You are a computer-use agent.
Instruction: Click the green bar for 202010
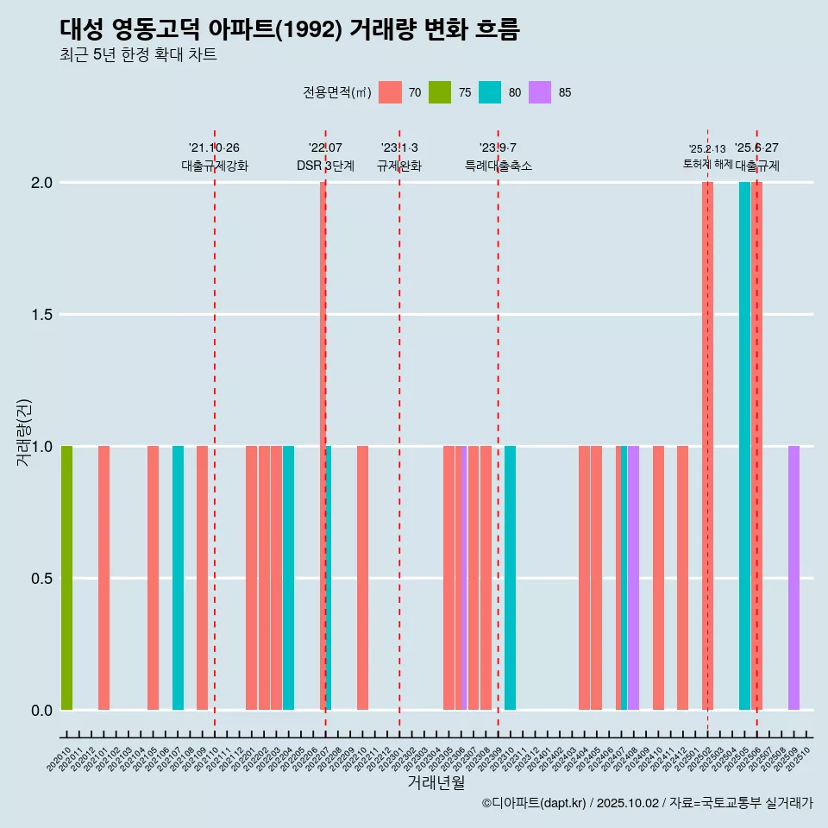pyautogui.click(x=66, y=578)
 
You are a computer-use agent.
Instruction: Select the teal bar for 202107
pyautogui.click(x=178, y=578)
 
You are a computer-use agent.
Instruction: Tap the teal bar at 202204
pyautogui.click(x=288, y=578)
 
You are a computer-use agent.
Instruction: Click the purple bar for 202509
pyautogui.click(x=793, y=578)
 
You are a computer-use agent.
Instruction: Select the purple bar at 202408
pyautogui.click(x=633, y=578)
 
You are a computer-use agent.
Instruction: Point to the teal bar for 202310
pyautogui.click(x=511, y=578)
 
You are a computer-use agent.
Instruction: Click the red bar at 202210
pyautogui.click(x=362, y=578)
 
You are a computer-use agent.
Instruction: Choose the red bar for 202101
pyautogui.click(x=103, y=578)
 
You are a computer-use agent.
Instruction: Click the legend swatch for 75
pyautogui.click(x=440, y=92)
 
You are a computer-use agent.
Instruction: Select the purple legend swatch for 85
pyautogui.click(x=540, y=92)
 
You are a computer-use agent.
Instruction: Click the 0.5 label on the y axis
pyautogui.click(x=41, y=579)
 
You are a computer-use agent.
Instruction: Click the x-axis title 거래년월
pyautogui.click(x=436, y=783)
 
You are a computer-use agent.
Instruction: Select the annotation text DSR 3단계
pyautogui.click(x=325, y=166)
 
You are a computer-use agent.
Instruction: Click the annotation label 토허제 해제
pyautogui.click(x=707, y=164)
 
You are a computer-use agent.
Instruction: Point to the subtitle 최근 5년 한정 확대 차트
pyautogui.click(x=138, y=55)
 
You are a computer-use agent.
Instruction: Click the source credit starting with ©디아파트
pyautogui.click(x=647, y=803)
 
